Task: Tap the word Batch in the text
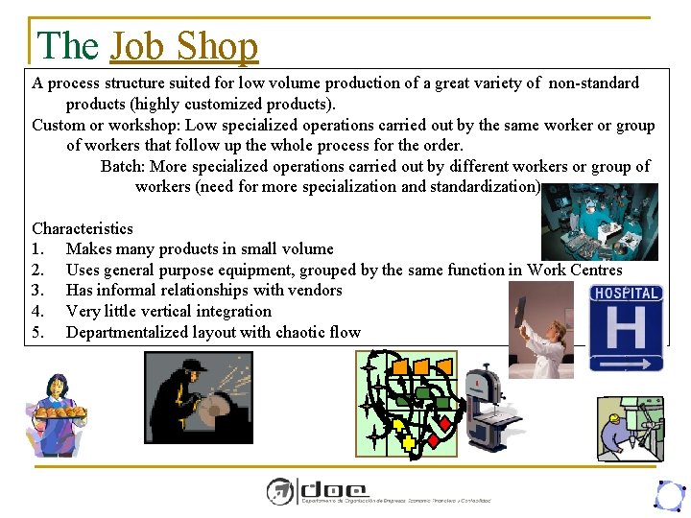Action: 123,166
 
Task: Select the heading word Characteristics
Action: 83,228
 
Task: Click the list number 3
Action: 37,290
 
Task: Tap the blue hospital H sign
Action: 626,327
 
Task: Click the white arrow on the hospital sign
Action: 626,363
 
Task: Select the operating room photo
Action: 600,222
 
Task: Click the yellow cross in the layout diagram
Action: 408,442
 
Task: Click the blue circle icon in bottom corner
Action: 668,495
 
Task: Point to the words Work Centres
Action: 575,270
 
